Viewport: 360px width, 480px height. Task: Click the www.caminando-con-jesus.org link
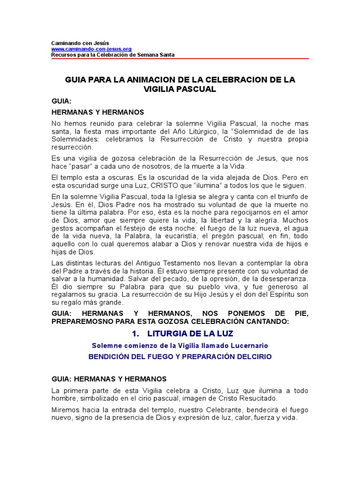click(x=91, y=49)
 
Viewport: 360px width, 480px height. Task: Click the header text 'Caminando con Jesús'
click(x=80, y=43)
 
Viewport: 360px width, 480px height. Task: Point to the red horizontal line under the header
click(x=180, y=59)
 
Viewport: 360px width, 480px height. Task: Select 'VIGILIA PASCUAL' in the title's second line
click(x=180, y=89)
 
